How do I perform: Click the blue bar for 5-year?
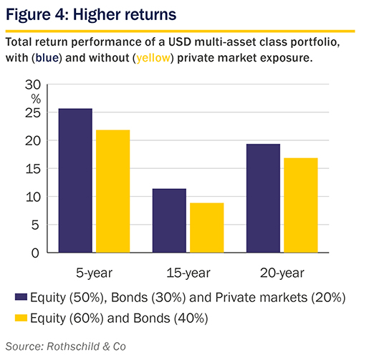pos(75,180)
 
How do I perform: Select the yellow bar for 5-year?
pos(113,191)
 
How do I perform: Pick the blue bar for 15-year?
pos(169,220)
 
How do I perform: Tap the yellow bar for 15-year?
pos(207,228)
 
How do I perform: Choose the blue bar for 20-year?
pos(263,198)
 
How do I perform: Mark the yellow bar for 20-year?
pos(301,205)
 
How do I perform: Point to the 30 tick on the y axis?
pos(33,84)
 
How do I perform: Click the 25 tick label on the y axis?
pos(33,113)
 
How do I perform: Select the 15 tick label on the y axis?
pos(33,169)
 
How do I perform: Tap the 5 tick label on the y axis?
pos(35,225)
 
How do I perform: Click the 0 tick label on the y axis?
pos(35,253)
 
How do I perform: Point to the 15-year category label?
pos(188,273)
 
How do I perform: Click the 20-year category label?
pos(282,273)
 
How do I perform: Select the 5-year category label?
pos(94,273)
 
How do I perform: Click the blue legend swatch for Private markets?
pos(21,297)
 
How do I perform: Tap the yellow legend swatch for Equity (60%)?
pos(21,318)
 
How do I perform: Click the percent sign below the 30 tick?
pos(36,99)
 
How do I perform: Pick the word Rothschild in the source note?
pos(73,346)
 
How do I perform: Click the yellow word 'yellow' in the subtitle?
pos(153,58)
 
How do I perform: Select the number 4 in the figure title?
pos(59,14)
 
